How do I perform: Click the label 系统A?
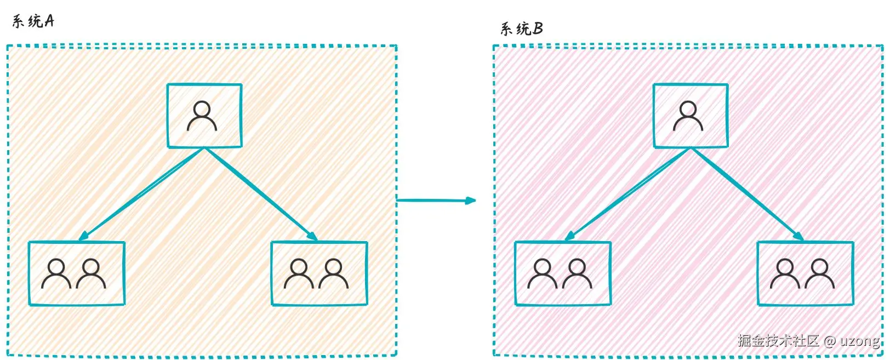[x=33, y=21]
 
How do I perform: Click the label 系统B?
[x=521, y=28]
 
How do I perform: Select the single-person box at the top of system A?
[x=204, y=116]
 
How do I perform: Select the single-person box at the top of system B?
[x=690, y=116]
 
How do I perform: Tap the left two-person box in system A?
[x=77, y=273]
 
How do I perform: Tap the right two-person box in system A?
[x=319, y=273]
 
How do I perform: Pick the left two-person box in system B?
[x=562, y=273]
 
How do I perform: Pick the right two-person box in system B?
[x=805, y=273]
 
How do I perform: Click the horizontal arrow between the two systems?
[x=433, y=201]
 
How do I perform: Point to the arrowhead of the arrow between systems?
[x=471, y=201]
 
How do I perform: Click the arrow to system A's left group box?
[x=141, y=194]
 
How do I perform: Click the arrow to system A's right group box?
[x=261, y=194]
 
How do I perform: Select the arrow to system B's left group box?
[x=627, y=194]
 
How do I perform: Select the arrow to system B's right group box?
[x=747, y=194]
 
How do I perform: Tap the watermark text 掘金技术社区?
[x=778, y=340]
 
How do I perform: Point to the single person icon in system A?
[x=202, y=116]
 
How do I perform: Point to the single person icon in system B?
[x=688, y=116]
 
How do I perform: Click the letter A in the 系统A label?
[x=49, y=21]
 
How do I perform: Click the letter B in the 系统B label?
[x=538, y=28]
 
